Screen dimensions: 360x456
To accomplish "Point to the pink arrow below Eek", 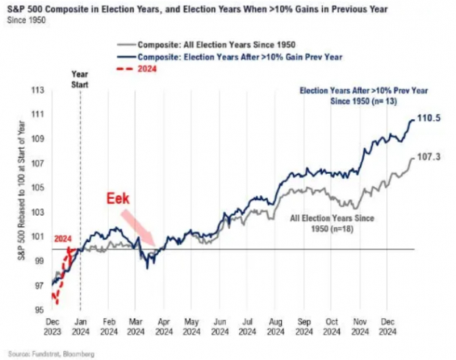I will point(138,227).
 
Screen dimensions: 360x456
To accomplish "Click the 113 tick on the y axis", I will point(35,91).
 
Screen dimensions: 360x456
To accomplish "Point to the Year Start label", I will point(80,78).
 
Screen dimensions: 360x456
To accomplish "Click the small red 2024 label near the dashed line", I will point(63,239).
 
